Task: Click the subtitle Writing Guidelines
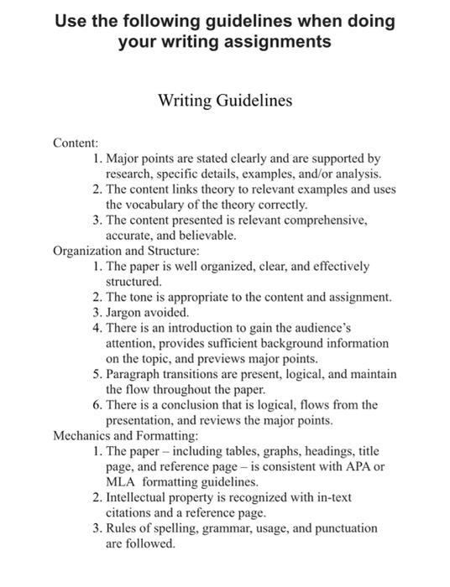pos(225,101)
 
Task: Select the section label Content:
pos(76,143)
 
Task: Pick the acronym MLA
pos(121,482)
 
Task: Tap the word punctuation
pos(338,529)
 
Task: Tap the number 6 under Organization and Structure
pos(97,405)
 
